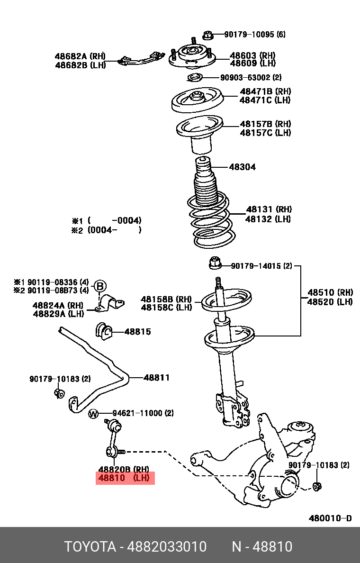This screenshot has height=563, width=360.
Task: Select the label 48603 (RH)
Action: pyautogui.click(x=252, y=55)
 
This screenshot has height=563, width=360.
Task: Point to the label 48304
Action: pyautogui.click(x=243, y=167)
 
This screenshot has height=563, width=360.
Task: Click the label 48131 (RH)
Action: pyautogui.click(x=269, y=209)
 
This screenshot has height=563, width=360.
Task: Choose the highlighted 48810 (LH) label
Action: pyautogui.click(x=125, y=478)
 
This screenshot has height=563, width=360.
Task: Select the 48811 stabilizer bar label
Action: pyautogui.click(x=156, y=378)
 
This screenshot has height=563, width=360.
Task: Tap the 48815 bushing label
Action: pyautogui.click(x=137, y=332)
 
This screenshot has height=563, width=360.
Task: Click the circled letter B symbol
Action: pyautogui.click(x=99, y=286)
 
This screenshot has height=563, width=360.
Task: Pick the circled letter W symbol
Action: pyautogui.click(x=93, y=414)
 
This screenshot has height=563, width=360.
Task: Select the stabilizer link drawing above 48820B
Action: pyautogui.click(x=113, y=438)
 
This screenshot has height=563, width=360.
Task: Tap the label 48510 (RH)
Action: pyautogui.click(x=330, y=293)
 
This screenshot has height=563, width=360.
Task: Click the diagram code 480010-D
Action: pyautogui.click(x=330, y=518)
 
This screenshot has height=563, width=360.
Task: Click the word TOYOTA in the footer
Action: pyautogui.click(x=90, y=547)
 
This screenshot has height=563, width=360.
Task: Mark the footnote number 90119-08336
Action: pyautogui.click(x=51, y=281)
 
